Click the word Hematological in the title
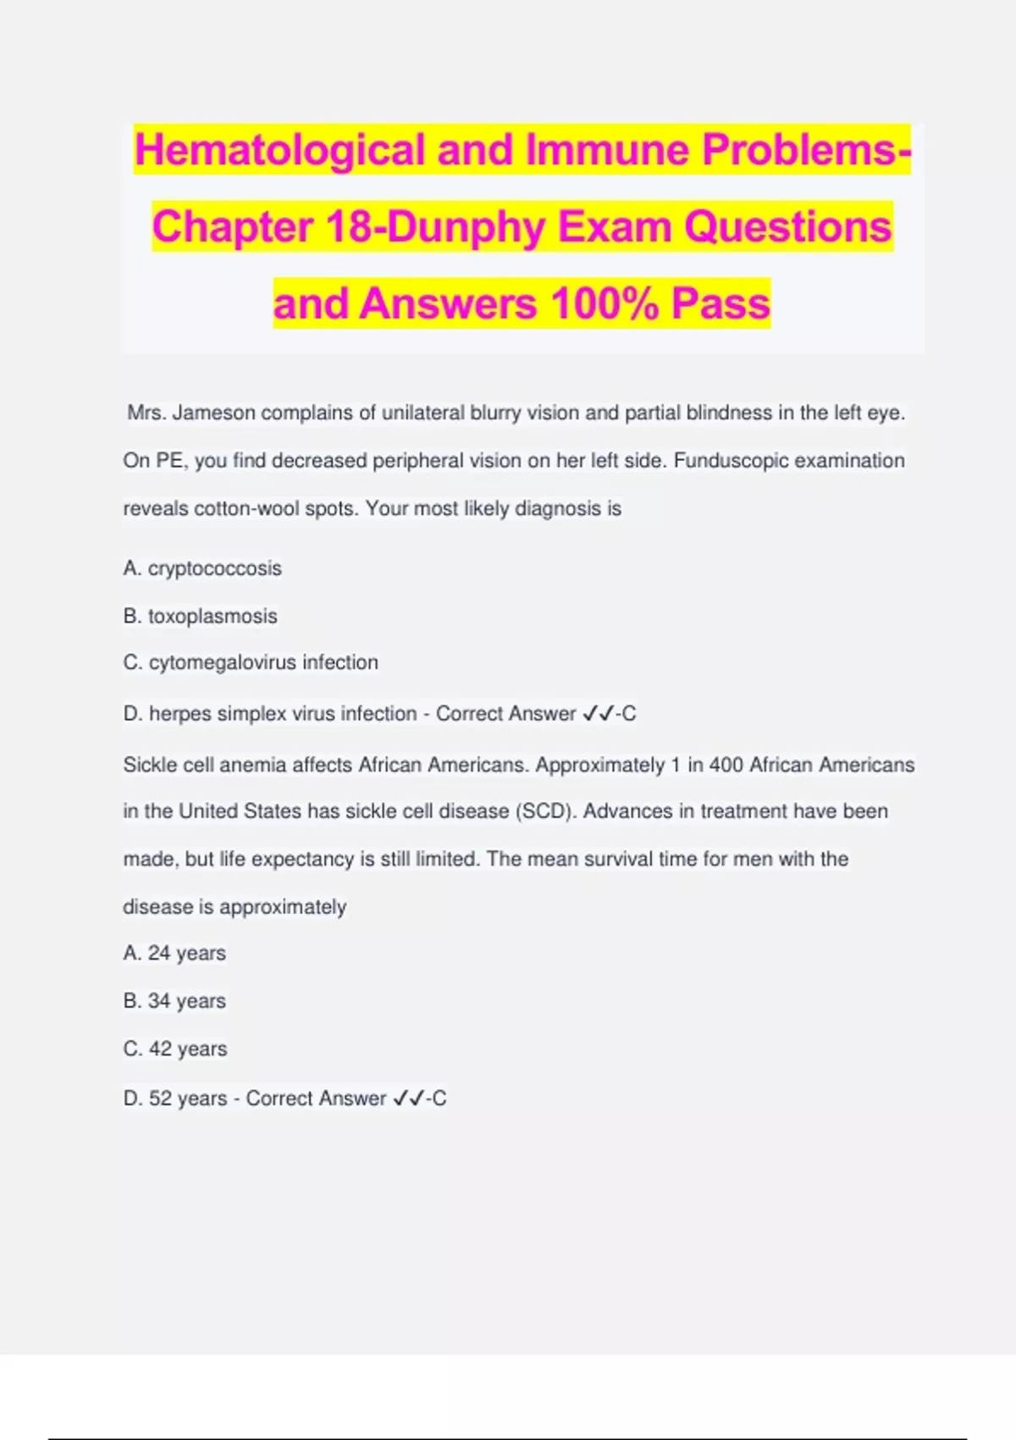pos(280,151)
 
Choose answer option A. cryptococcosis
pos(202,568)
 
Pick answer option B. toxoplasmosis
pos(201,616)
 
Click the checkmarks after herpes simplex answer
pos(599,714)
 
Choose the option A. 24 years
pos(174,954)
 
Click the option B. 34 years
pos(174,1001)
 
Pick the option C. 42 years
pos(175,1049)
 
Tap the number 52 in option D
pos(160,1099)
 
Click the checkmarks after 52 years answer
pos(409,1099)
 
